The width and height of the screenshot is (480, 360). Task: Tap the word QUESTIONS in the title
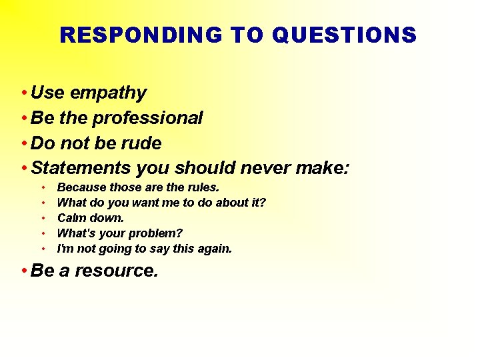pos(344,35)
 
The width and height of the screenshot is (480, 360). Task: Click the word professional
pos(147,118)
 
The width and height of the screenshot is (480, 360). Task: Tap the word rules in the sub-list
pos(202,187)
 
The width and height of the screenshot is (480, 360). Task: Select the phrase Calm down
pos(91,218)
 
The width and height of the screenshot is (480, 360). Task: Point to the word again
pos(214,249)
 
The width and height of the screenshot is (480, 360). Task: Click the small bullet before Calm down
pos(43,218)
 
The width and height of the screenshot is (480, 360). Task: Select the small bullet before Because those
pos(43,187)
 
